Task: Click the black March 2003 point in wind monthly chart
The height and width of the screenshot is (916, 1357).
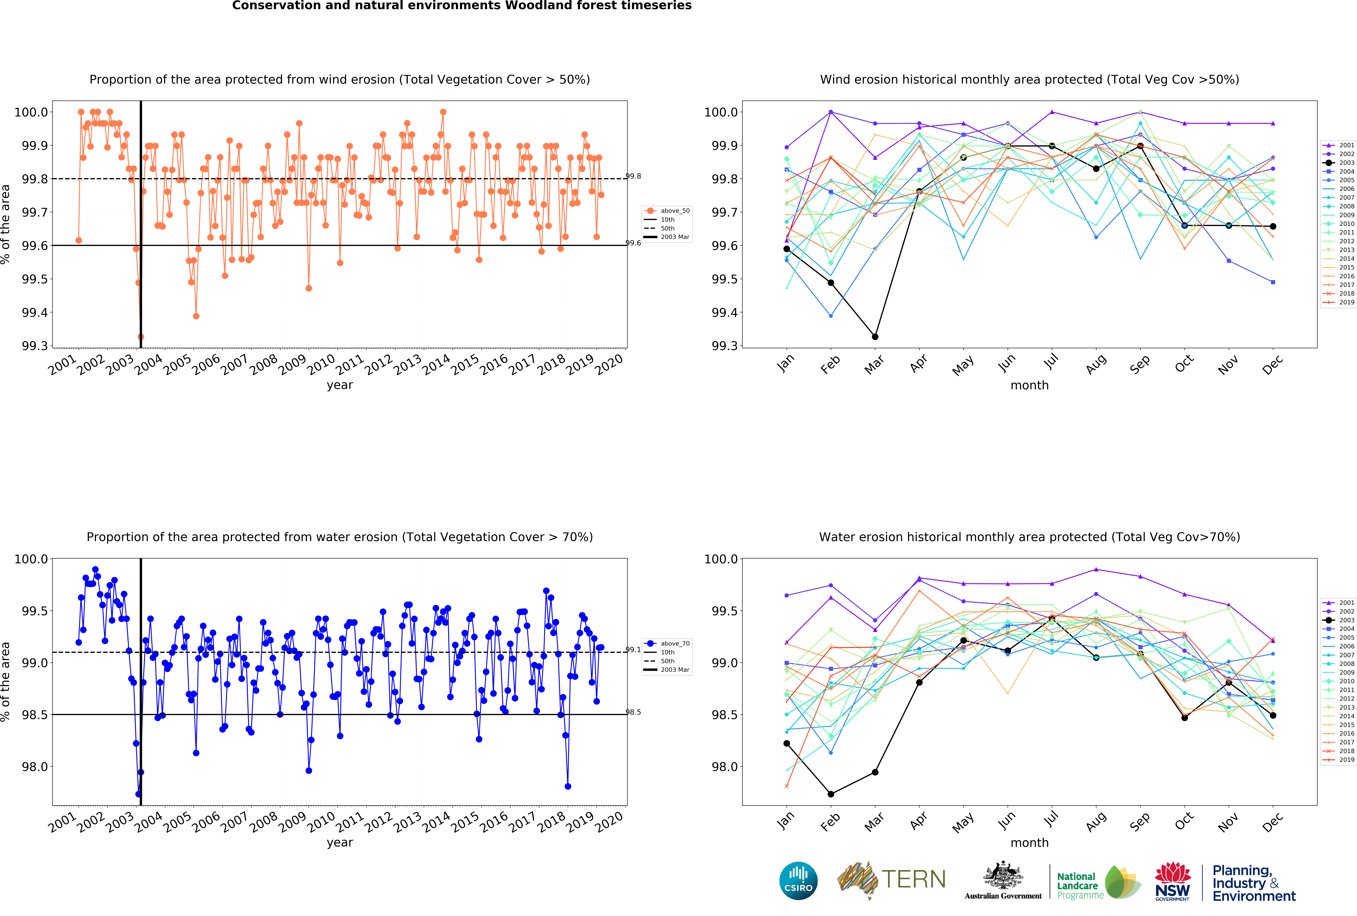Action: pos(875,337)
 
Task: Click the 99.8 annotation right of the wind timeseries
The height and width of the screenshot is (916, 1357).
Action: pos(633,176)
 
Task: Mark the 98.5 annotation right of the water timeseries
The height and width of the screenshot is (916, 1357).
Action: pos(633,712)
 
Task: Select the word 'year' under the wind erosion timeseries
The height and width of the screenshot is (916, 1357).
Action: pos(340,385)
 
